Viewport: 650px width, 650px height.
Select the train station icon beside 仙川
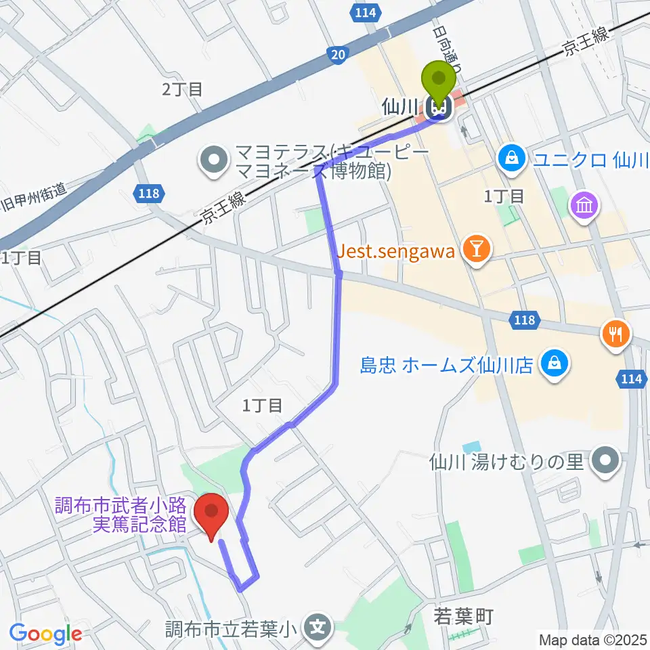coord(439,106)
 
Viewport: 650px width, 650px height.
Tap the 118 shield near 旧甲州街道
coord(150,194)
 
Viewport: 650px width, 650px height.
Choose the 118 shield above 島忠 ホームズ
coord(525,320)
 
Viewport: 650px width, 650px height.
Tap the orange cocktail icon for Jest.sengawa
coord(476,250)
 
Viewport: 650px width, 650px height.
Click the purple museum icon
coord(584,204)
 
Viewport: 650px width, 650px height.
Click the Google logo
coord(46,634)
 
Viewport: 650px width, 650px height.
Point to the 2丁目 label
coord(181,89)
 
